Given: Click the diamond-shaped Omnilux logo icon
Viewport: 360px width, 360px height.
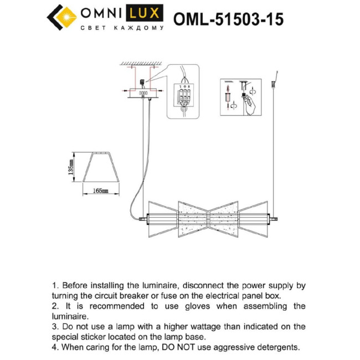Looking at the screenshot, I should point(62,18).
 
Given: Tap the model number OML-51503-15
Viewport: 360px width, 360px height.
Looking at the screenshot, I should point(228,19).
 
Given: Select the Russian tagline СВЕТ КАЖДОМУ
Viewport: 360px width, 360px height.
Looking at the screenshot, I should point(122,28).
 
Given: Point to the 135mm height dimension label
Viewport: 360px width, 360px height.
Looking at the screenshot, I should point(70,167).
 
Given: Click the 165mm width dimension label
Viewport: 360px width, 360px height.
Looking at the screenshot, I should point(100,190).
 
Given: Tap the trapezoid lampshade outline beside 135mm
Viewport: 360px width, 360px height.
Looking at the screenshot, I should point(100,167).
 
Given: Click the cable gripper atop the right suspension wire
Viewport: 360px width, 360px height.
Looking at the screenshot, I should point(274,85).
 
